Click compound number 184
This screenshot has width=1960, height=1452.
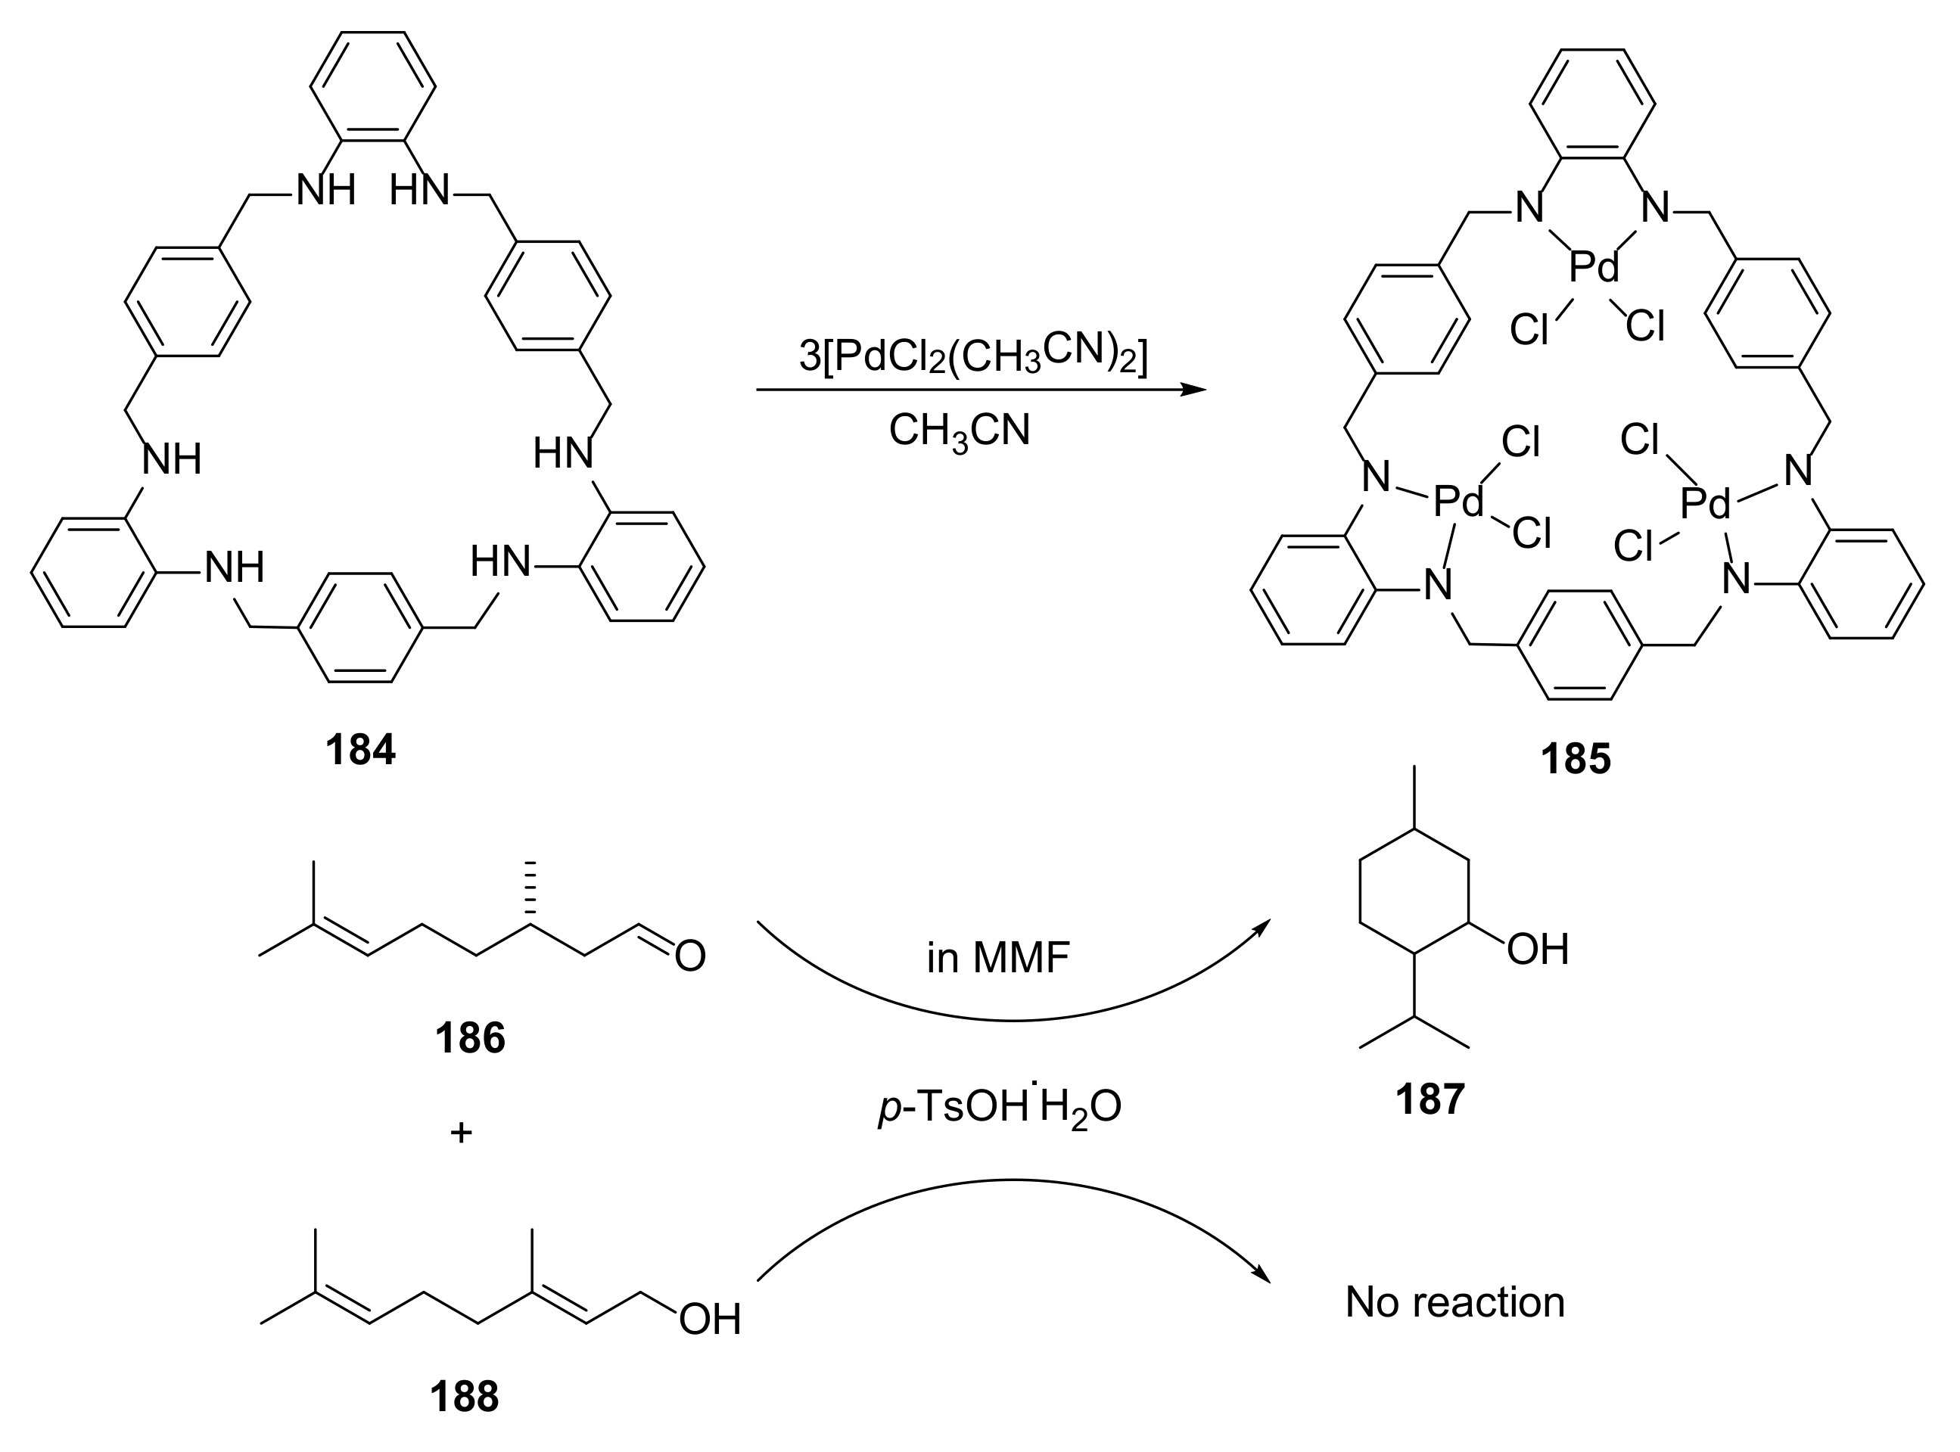coord(360,750)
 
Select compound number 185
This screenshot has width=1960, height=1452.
coord(1575,758)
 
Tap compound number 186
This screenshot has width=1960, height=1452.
coord(469,1038)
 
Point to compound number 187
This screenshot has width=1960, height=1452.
coord(1430,1099)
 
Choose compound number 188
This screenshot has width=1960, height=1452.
coord(464,1397)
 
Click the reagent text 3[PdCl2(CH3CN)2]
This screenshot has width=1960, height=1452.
coord(973,356)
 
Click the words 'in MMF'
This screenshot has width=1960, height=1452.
coord(997,958)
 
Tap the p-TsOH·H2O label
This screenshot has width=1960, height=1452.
coord(1000,1108)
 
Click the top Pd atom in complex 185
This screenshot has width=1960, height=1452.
coord(1594,266)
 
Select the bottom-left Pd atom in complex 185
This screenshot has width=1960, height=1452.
coord(1458,502)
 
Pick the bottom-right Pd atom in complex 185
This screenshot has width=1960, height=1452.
coord(1705,505)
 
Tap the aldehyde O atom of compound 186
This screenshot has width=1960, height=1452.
coord(690,956)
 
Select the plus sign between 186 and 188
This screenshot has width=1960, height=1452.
coord(462,1133)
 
